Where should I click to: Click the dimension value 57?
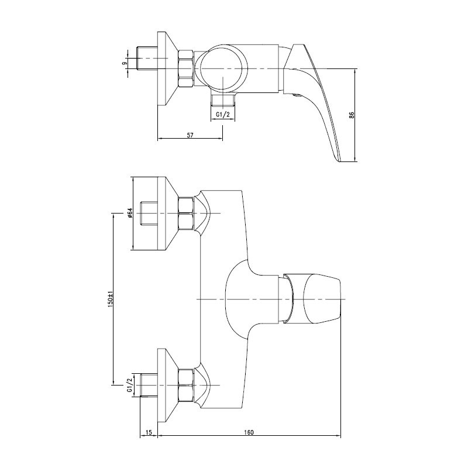190,135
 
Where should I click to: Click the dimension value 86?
352,115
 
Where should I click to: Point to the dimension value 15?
149,432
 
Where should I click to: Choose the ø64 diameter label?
129,213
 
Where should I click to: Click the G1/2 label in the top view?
223,114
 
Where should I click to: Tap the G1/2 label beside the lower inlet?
129,386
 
